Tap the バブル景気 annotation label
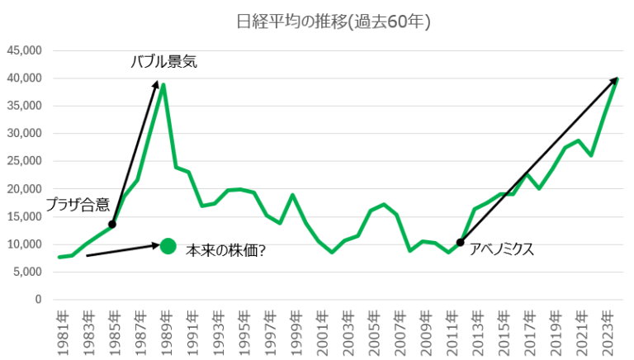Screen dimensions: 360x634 coord(164,61)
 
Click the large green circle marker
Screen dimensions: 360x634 coord(168,245)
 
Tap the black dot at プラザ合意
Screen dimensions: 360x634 coord(112,225)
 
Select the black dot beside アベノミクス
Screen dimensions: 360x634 coord(460,242)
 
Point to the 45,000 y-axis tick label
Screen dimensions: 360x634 coord(25,50)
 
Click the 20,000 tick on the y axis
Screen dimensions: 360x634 coord(25,189)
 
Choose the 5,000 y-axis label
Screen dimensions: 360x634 coord(28,272)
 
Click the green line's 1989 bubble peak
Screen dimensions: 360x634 coord(163,84)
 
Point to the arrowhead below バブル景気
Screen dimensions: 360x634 coord(156,83)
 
